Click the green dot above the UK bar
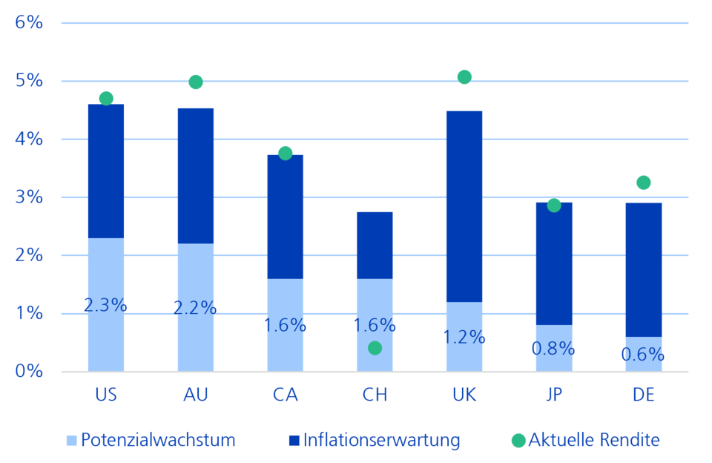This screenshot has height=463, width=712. pyautogui.click(x=464, y=77)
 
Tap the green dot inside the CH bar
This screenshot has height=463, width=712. pyautogui.click(x=375, y=348)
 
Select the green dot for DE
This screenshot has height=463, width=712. pyautogui.click(x=644, y=183)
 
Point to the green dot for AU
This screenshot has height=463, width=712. pyautogui.click(x=196, y=82)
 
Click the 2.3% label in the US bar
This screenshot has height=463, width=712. pyautogui.click(x=105, y=306)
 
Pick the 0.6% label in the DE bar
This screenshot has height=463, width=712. pyautogui.click(x=643, y=355)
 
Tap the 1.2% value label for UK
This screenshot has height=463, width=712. pyautogui.click(x=464, y=337)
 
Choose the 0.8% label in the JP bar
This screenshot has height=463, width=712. pyautogui.click(x=553, y=349)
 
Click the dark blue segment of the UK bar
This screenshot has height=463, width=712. pyautogui.click(x=464, y=207)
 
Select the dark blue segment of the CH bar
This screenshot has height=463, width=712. pyautogui.click(x=375, y=246)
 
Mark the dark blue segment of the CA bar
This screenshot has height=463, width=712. pyautogui.click(x=285, y=217)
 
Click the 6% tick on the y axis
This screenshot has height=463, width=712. pyautogui.click(x=29, y=22)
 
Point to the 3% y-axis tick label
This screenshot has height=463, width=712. pyautogui.click(x=29, y=197)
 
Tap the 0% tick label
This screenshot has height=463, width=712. pyautogui.click(x=29, y=371)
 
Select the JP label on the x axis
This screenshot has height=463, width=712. pyautogui.click(x=554, y=395)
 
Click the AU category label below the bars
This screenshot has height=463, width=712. pyautogui.click(x=196, y=395)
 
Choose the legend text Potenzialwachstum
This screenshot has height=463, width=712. pyautogui.click(x=158, y=440)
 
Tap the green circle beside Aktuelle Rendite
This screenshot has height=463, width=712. pyautogui.click(x=518, y=440)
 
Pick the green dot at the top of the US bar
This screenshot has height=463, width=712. pyautogui.click(x=106, y=99)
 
